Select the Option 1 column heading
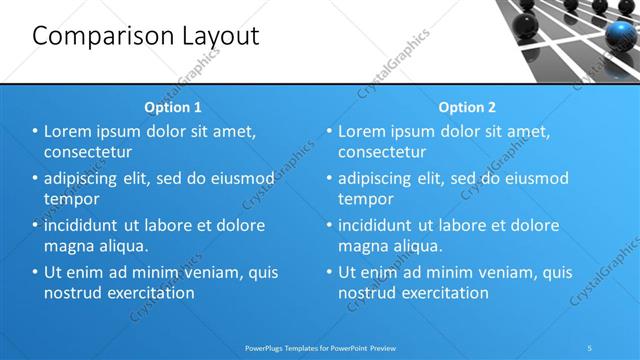click(x=173, y=106)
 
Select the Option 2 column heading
click(x=466, y=106)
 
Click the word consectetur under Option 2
click(x=382, y=152)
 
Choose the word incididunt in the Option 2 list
click(x=382, y=225)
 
